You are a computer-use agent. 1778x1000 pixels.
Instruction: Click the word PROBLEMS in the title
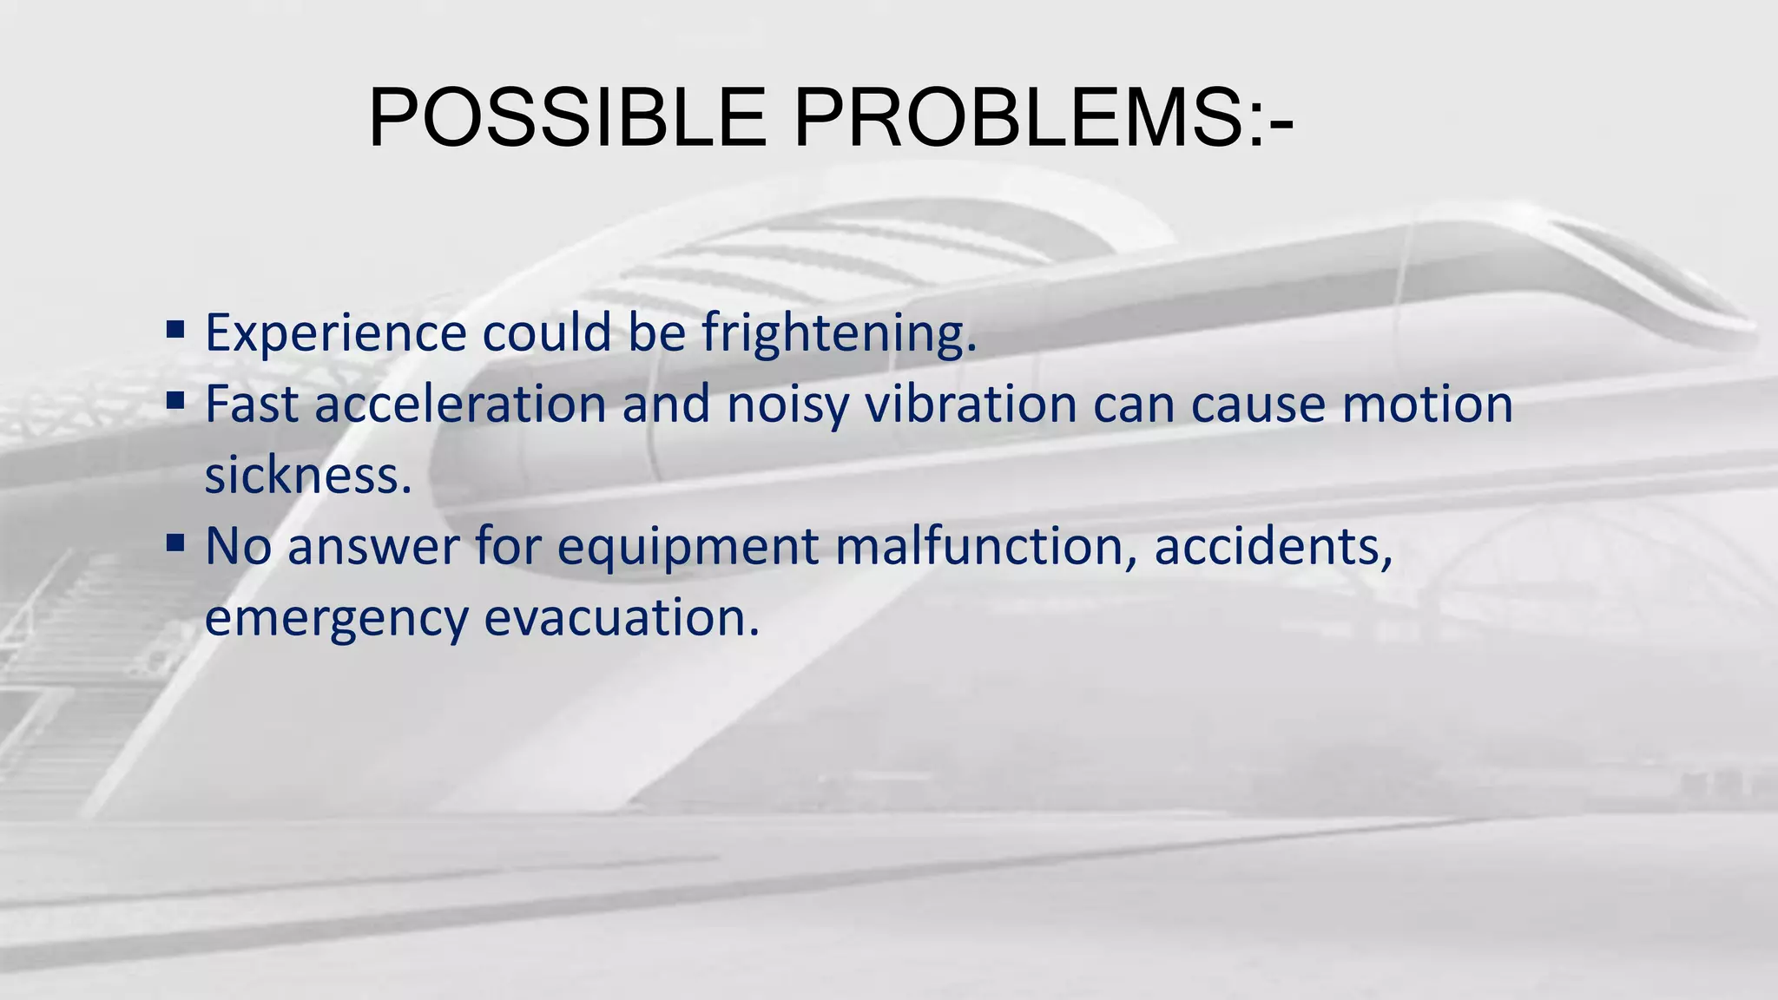click(1020, 118)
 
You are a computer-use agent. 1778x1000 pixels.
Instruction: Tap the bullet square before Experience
click(175, 330)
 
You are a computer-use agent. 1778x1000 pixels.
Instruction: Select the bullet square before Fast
click(175, 401)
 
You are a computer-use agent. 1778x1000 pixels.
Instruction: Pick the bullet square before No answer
click(175, 543)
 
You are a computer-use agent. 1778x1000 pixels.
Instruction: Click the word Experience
click(336, 333)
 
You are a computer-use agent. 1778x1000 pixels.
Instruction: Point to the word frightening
click(839, 333)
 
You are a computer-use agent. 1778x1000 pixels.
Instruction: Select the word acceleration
click(460, 405)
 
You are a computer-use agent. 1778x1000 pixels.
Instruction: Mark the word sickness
click(307, 476)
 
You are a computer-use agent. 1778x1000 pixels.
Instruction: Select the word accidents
click(1273, 547)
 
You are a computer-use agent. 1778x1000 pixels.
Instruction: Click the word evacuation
click(621, 618)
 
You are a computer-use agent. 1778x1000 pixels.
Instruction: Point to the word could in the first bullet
click(547, 333)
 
